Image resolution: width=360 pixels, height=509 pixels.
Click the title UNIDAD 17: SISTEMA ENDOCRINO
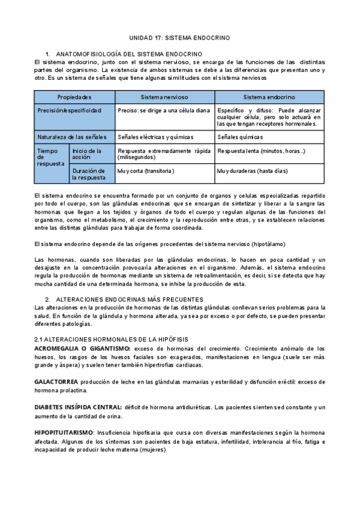coord(179,37)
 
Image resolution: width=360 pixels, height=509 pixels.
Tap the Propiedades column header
coord(74,97)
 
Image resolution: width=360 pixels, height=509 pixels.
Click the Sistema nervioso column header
coord(164,97)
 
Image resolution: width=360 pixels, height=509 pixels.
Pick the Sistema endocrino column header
coord(269,97)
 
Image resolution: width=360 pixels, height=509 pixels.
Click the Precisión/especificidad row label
coord(70,110)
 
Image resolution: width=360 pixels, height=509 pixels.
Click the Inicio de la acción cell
coord(86,154)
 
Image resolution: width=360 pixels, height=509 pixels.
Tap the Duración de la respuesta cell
coord(88,174)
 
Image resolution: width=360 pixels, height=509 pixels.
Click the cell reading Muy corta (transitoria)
coord(146,171)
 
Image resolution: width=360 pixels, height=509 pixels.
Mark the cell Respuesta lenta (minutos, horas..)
coord(262,151)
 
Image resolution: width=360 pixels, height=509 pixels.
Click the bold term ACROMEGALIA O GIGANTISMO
coord(82,348)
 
